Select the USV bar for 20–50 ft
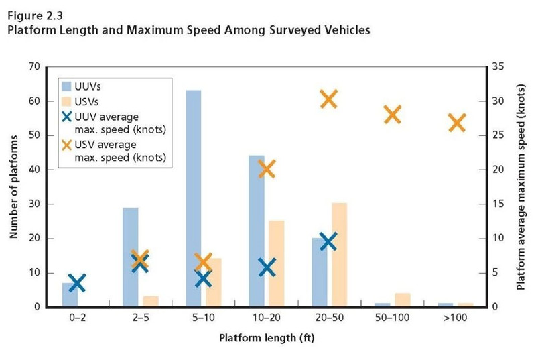(339, 255)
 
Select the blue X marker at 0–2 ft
(77, 283)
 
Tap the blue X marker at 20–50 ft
(328, 241)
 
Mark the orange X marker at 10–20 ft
(266, 168)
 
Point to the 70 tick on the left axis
(34, 67)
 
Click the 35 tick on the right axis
(497, 67)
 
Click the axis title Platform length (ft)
(266, 338)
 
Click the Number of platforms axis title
(14, 187)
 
